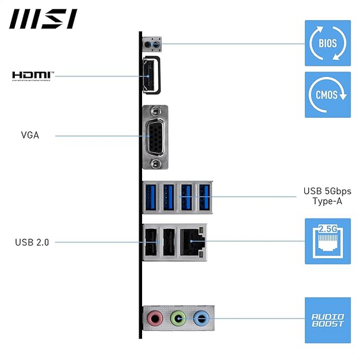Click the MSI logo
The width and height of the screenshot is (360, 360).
[x=43, y=18]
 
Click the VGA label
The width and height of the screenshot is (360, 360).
[x=30, y=135]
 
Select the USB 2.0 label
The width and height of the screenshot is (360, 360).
[x=32, y=242]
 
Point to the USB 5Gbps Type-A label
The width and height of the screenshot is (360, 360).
[x=327, y=196]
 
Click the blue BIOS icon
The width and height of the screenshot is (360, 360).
[x=327, y=43]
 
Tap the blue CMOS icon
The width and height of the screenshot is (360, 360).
[x=327, y=95]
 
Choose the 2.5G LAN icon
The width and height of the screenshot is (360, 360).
[x=327, y=241]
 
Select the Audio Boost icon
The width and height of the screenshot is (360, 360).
[x=327, y=320]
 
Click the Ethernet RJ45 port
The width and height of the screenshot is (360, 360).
[x=192, y=241]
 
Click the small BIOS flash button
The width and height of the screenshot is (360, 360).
[x=155, y=43]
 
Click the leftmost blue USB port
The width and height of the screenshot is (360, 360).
[x=150, y=196]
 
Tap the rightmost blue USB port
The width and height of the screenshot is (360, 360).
[x=204, y=196]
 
